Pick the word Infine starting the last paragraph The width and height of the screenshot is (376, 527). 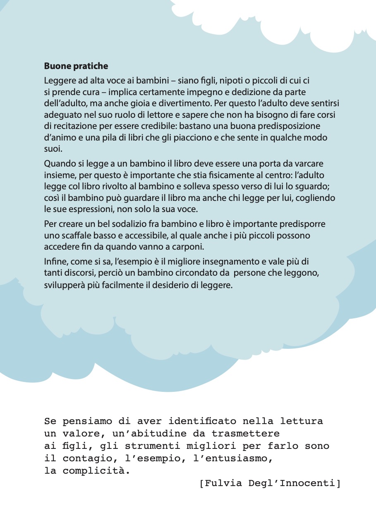54,262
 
